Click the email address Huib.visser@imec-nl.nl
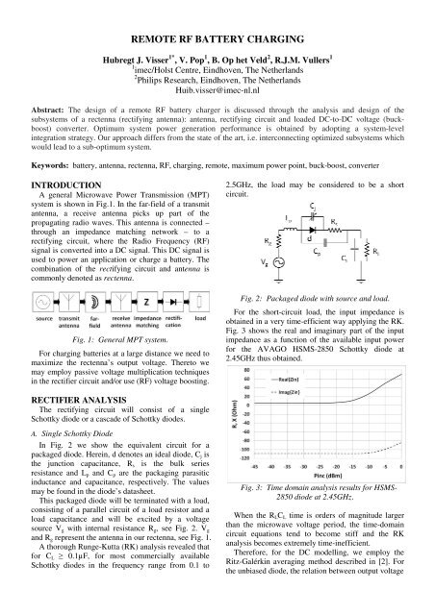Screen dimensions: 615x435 tap(217, 96)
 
